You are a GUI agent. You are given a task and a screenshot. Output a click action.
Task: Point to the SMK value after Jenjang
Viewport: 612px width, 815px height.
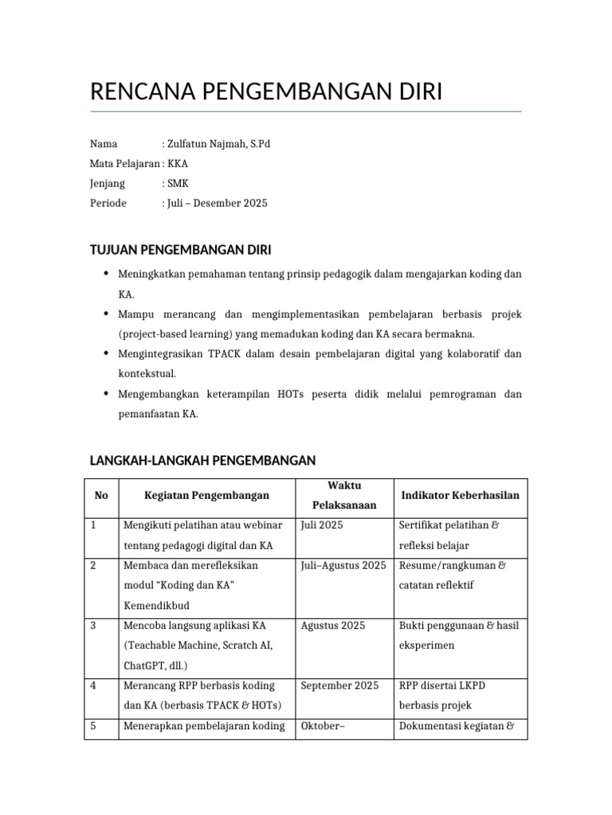[x=178, y=184]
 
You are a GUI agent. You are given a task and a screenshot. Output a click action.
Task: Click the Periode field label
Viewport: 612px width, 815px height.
[x=108, y=203]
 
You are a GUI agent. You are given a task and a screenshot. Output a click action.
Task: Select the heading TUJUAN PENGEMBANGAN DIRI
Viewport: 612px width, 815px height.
[x=181, y=250]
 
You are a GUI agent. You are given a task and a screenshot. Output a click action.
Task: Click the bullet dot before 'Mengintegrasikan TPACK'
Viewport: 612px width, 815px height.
[x=107, y=353]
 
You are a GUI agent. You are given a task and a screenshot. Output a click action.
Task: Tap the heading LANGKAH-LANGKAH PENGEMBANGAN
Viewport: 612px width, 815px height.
[x=203, y=460]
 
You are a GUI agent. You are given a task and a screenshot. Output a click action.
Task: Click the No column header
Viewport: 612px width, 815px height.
[x=101, y=495]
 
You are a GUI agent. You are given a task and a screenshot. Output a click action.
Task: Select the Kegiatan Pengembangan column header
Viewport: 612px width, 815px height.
[x=206, y=495]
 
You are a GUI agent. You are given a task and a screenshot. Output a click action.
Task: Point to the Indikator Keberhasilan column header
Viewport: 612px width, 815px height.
[x=461, y=495]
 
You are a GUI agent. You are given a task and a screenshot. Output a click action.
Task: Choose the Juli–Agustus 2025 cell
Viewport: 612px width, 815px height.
[x=343, y=566]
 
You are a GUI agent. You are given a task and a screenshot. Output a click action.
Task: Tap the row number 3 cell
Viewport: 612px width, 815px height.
[x=93, y=626]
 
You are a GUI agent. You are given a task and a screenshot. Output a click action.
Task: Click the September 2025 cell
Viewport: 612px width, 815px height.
[x=339, y=685]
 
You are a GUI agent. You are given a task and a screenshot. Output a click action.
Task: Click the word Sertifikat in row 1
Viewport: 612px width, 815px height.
[x=423, y=525]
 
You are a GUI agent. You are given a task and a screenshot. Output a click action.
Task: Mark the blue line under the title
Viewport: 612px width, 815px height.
[x=306, y=111]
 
